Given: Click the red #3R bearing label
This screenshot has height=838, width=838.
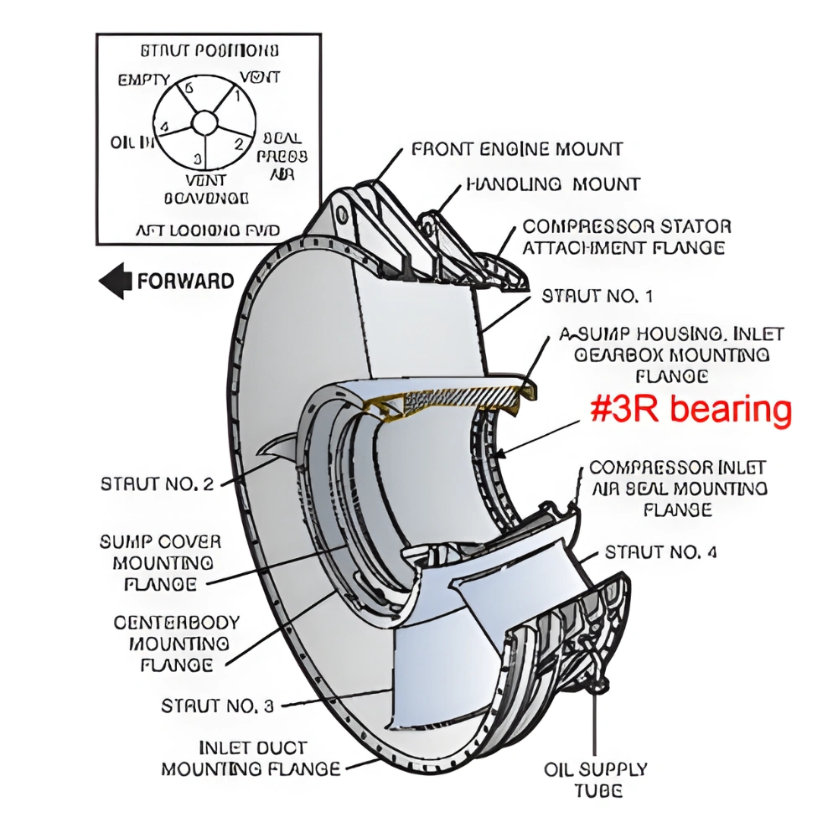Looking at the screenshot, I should [690, 411].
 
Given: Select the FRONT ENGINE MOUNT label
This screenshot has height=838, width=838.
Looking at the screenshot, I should [517, 150].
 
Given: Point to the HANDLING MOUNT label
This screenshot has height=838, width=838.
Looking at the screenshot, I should [553, 184].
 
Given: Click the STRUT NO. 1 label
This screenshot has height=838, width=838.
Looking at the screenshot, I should [597, 296].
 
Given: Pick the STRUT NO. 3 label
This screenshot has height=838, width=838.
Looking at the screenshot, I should [217, 706].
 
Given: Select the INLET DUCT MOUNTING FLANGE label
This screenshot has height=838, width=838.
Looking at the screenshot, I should [251, 758].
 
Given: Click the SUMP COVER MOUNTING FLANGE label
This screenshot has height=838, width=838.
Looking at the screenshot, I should [161, 562].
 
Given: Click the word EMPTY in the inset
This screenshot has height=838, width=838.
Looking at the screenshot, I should [144, 81].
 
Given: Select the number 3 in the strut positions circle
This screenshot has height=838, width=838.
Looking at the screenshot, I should [198, 158].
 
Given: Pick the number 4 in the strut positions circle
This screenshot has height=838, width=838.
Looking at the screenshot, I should [164, 127].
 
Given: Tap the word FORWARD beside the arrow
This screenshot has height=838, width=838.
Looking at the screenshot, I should [185, 281].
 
